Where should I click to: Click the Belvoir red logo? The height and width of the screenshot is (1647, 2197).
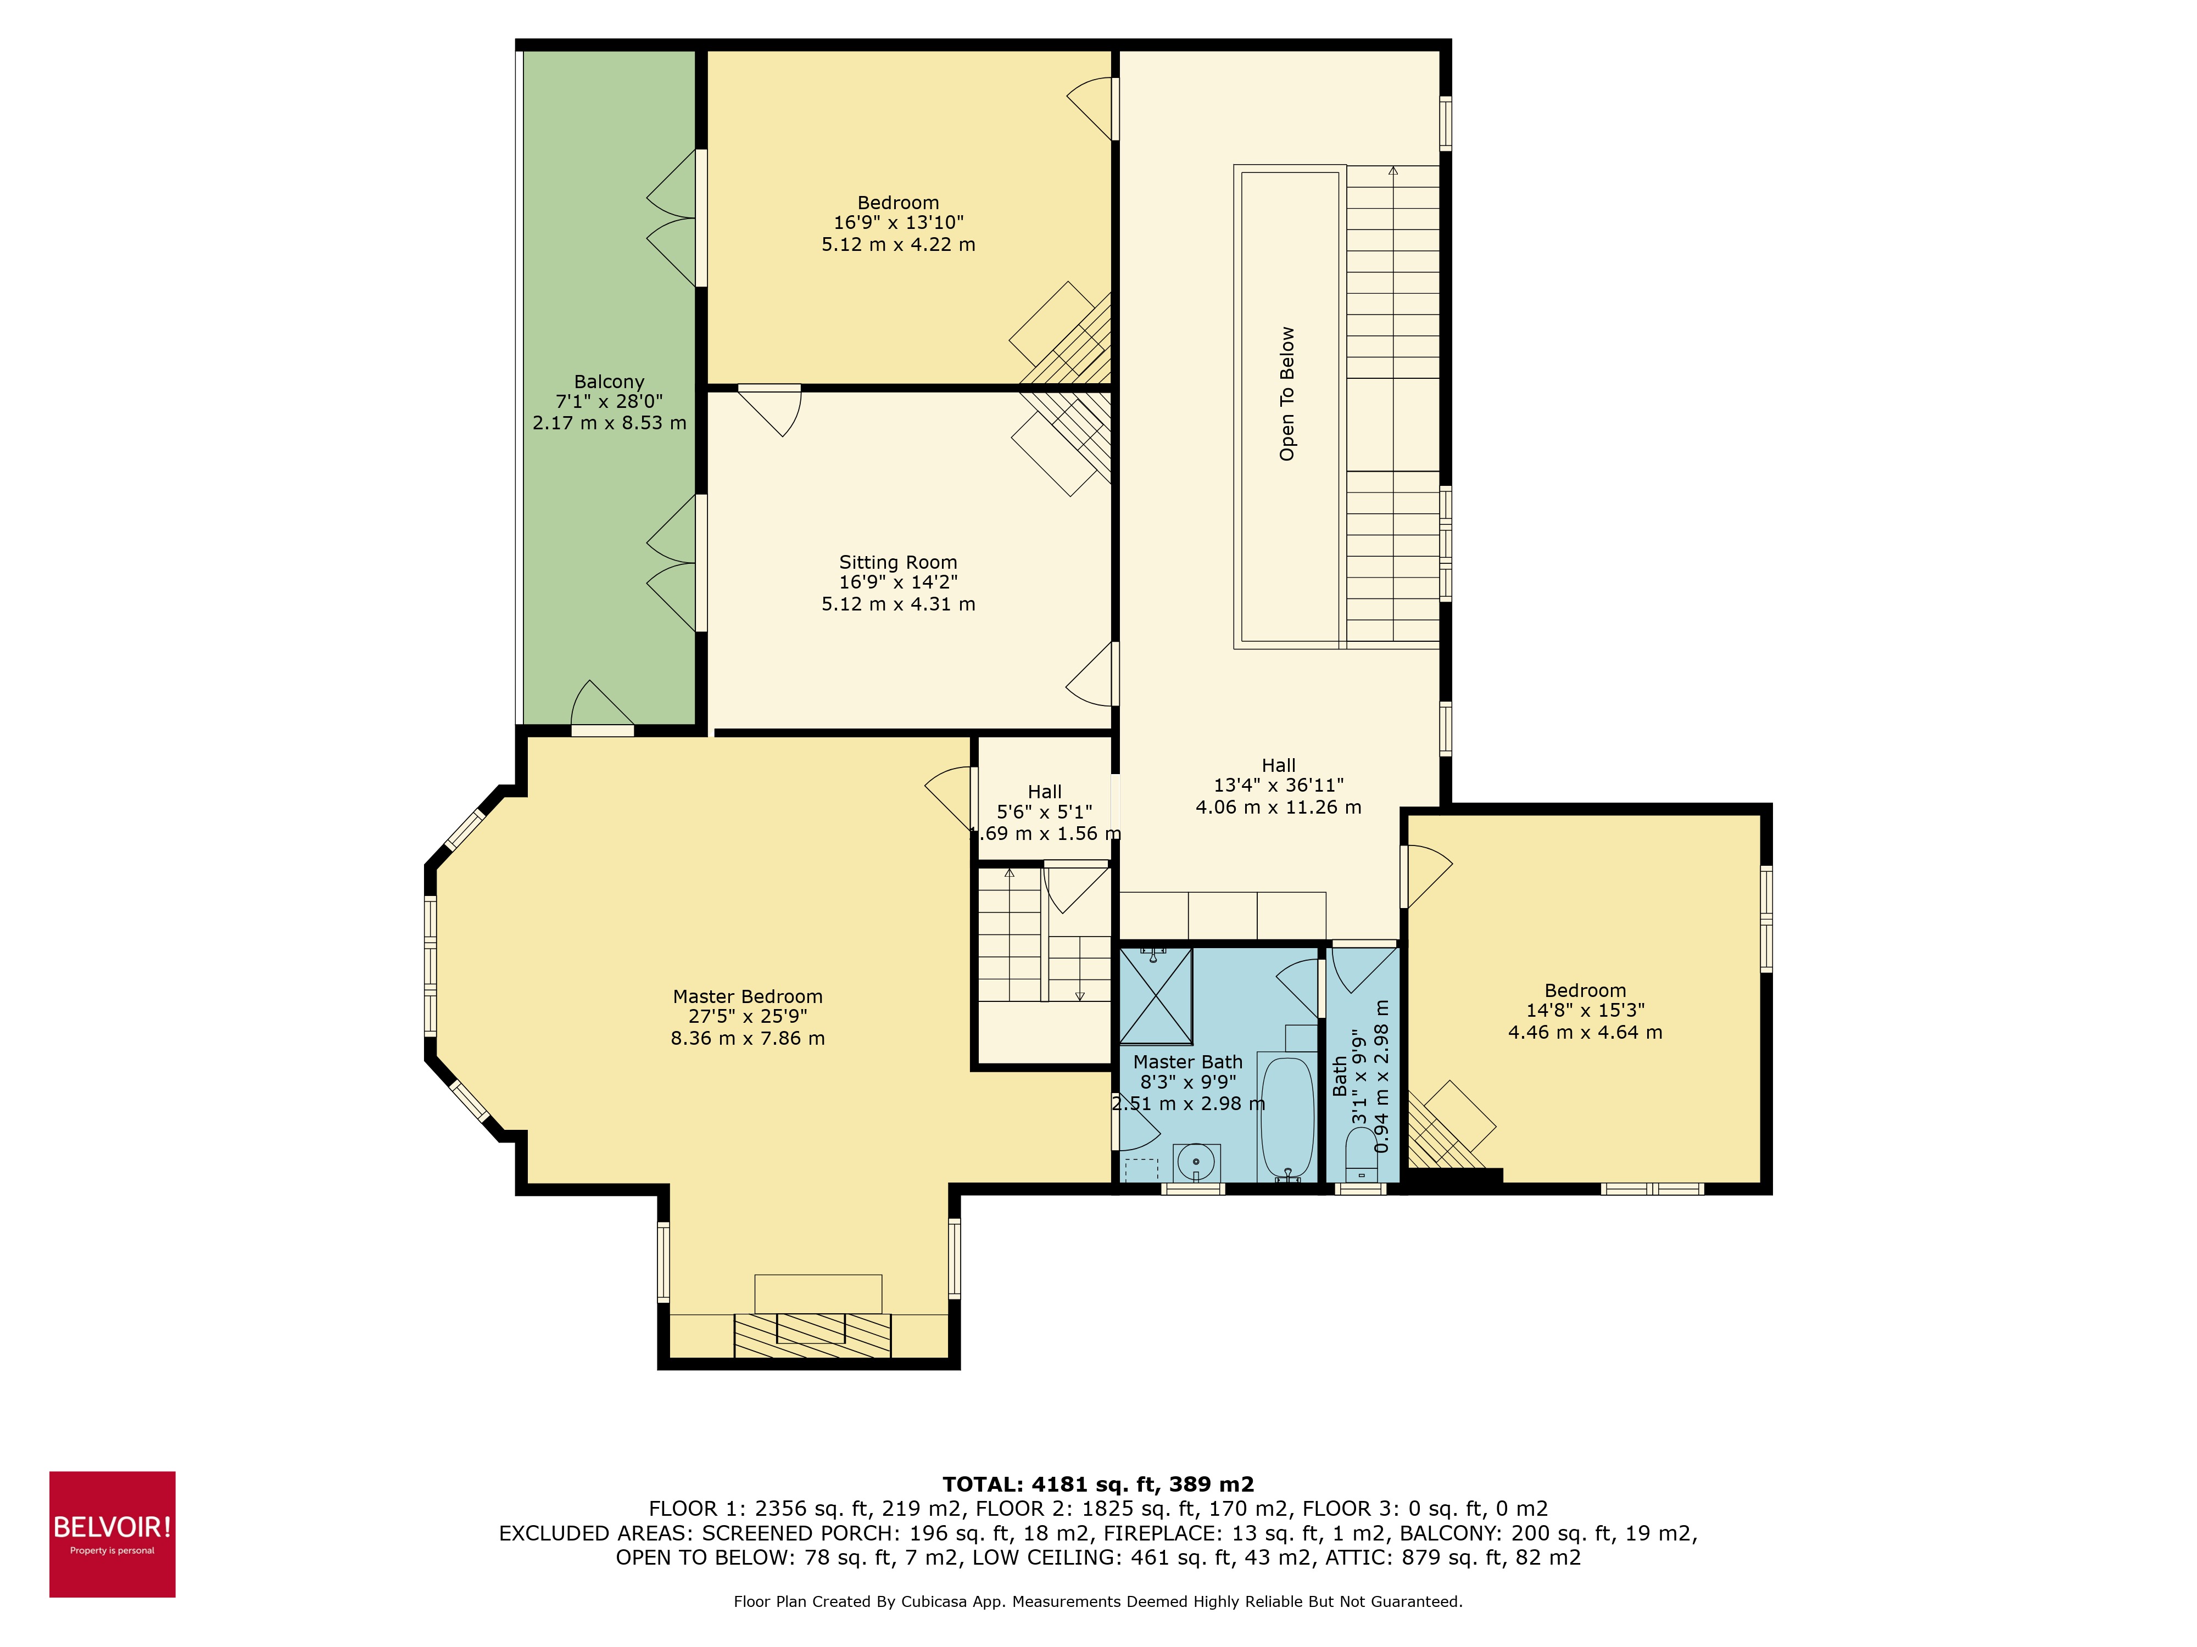(112, 1534)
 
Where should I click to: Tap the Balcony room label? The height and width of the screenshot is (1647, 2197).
(609, 382)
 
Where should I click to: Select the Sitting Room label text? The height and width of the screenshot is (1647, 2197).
(898, 563)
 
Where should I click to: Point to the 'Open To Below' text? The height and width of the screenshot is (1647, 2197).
(1287, 394)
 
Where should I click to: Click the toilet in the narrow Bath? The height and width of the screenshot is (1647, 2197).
(1360, 1153)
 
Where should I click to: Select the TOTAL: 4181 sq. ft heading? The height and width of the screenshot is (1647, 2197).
(1097, 1484)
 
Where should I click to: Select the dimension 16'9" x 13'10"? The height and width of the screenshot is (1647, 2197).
(898, 223)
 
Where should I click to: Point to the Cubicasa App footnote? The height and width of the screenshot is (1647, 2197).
(1097, 1601)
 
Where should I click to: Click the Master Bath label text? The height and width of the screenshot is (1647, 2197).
(1188, 1062)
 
